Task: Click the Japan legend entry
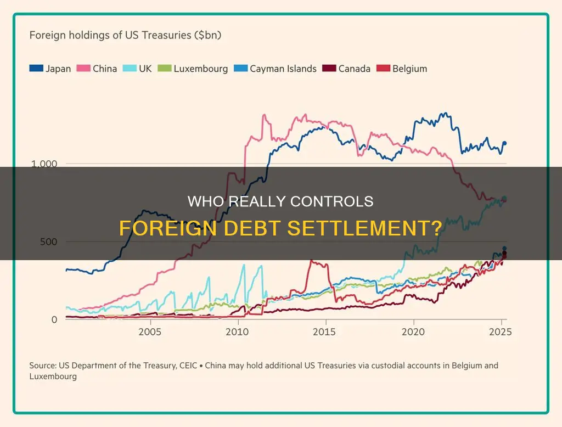50,69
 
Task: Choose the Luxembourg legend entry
193,69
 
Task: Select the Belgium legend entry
402,69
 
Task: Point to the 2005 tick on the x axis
150,332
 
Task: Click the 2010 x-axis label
237,332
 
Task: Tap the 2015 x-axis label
326,332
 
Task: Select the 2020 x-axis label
413,332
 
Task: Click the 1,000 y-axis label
44,163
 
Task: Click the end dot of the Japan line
505,143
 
